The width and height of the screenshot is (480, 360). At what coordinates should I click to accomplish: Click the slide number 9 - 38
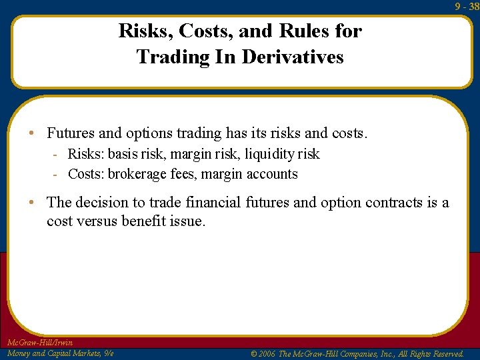coord(467,6)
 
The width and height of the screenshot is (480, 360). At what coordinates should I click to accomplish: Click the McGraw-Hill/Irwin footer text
coord(39,343)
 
